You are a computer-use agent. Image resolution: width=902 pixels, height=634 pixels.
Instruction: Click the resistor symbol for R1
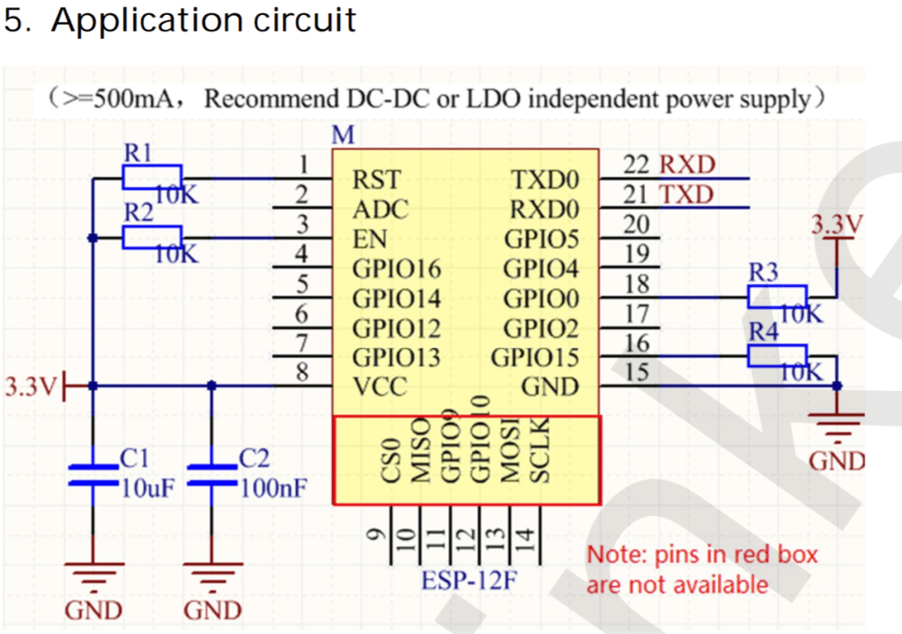click(152, 177)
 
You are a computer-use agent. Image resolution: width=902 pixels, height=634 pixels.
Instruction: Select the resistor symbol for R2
click(152, 237)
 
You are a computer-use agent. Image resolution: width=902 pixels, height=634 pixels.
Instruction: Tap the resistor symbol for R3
click(777, 297)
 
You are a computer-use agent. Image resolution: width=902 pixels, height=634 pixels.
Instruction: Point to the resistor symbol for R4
click(777, 356)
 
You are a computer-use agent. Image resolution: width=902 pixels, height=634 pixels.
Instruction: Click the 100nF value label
click(272, 488)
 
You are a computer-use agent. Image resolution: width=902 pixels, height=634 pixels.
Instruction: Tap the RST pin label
click(376, 181)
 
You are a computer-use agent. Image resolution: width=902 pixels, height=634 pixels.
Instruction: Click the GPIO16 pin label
click(396, 269)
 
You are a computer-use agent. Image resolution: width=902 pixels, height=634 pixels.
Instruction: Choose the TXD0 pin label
click(545, 181)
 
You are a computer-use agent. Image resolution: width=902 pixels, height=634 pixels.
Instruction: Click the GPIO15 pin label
click(535, 358)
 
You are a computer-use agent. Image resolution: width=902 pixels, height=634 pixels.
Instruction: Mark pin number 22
click(635, 166)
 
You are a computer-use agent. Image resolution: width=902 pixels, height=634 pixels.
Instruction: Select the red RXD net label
click(687, 165)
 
